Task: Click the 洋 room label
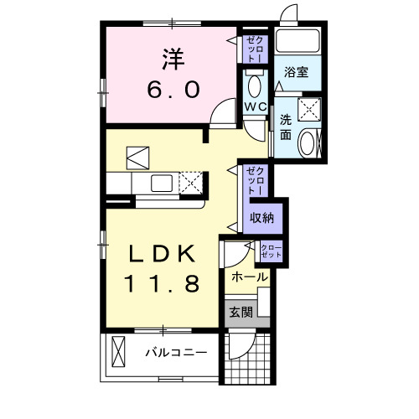[173, 59]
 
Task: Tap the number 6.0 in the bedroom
[172, 89]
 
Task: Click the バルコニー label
[175, 353]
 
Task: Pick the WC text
[256, 107]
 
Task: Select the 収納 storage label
[261, 218]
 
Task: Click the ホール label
[249, 277]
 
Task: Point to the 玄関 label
[241, 313]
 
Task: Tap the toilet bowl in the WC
[255, 85]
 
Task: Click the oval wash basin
[309, 142]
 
